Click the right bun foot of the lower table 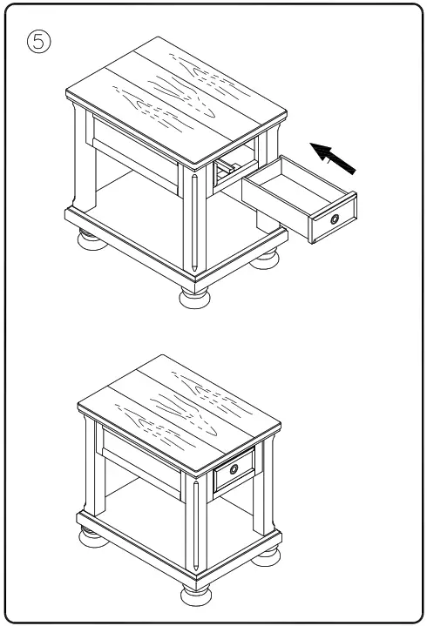(267, 559)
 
